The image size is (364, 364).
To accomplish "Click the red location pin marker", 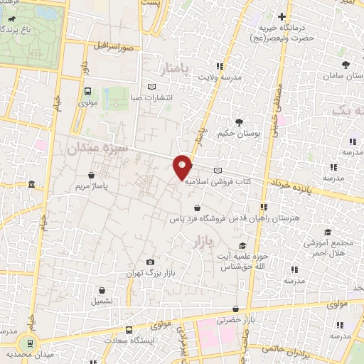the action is pyautogui.click(x=183, y=166).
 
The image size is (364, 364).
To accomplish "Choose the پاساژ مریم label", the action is pyautogui.click(x=90, y=186).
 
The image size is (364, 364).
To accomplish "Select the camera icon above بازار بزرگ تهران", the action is pyautogui.click(x=149, y=262).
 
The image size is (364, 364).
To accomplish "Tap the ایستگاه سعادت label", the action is pyautogui.click(x=129, y=341).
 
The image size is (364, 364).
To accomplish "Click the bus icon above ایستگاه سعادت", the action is pyautogui.click(x=129, y=330).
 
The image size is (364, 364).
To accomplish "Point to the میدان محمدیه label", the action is pyautogui.click(x=28, y=353).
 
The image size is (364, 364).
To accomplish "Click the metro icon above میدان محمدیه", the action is pyautogui.click(x=28, y=343).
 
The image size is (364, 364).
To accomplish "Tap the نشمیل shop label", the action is pyautogui.click(x=102, y=301).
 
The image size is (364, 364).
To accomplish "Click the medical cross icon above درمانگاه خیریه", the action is pyautogui.click(x=282, y=16).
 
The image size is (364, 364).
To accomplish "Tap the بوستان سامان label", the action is pyautogui.click(x=340, y=74).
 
